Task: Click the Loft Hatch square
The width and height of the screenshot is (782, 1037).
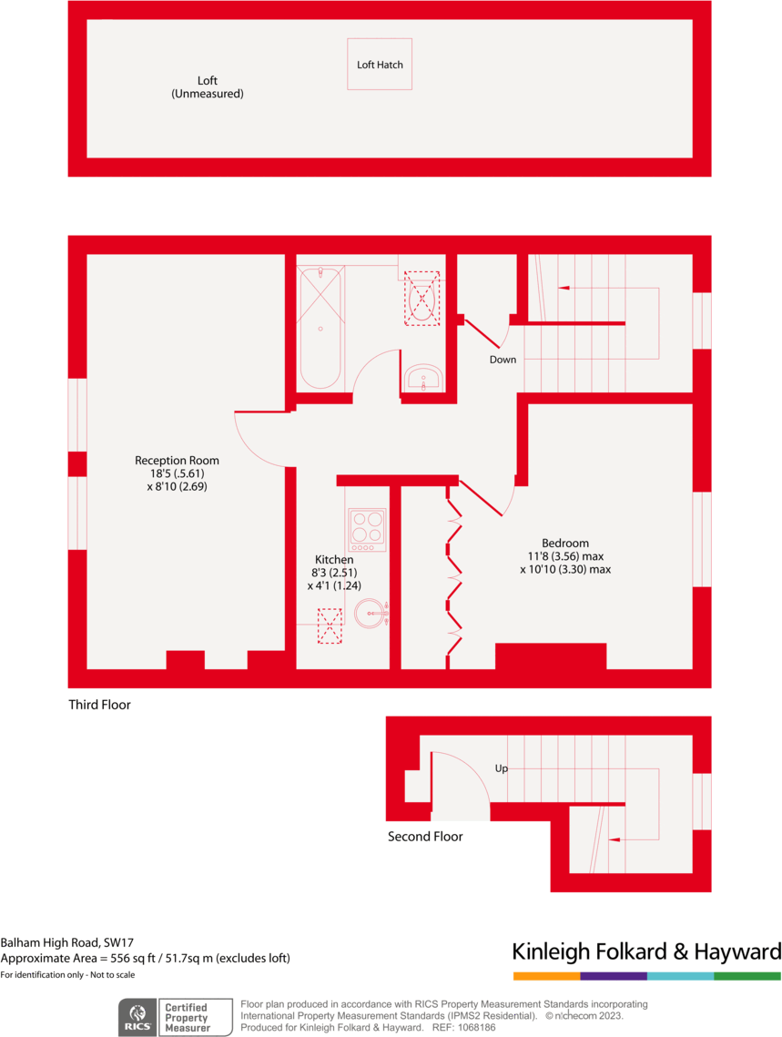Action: coord(380,64)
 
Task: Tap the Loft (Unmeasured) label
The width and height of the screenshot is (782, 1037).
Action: coord(207,87)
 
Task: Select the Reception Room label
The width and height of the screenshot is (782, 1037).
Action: coord(177,461)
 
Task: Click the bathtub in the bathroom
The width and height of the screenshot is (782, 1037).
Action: coord(320,328)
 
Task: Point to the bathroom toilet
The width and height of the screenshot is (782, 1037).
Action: coord(421,297)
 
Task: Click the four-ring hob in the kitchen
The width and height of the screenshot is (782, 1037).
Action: coord(367,530)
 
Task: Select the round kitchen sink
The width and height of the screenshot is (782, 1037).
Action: coord(371,613)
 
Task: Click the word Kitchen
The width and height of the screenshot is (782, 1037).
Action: coord(334,559)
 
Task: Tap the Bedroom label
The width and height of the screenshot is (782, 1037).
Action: coord(564,543)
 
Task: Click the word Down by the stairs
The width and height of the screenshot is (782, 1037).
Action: coord(503,360)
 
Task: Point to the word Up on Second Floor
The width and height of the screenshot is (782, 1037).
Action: coord(501,768)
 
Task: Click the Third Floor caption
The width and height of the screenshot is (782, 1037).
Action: coord(99,705)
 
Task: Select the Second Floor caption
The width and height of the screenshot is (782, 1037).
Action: coord(425,837)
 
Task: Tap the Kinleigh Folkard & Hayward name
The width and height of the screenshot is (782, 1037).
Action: coord(646,952)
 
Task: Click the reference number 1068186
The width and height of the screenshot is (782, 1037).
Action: coord(476,1027)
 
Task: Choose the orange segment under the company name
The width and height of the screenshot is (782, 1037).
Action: coord(546,976)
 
